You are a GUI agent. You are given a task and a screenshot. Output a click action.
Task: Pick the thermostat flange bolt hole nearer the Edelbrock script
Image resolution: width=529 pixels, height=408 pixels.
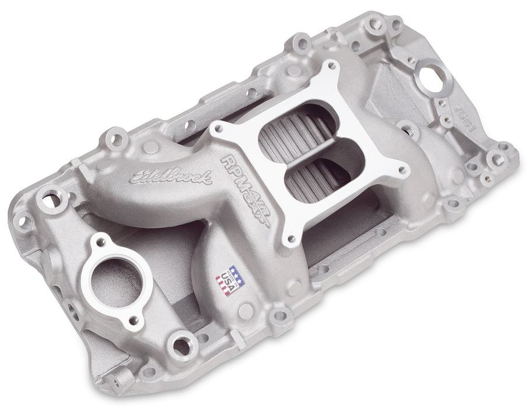coord(103,241)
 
